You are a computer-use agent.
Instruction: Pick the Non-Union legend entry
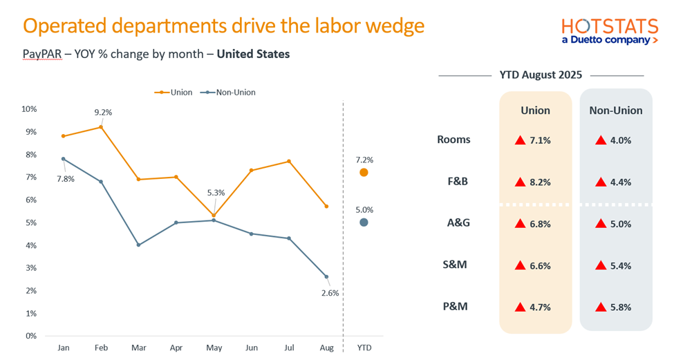(x=227, y=92)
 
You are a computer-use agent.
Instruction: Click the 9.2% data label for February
(x=103, y=112)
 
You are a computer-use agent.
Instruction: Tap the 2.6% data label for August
(x=329, y=292)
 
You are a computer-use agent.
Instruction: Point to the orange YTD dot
(x=364, y=172)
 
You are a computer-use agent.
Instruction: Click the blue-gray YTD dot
(x=364, y=222)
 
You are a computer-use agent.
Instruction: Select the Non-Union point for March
(x=138, y=245)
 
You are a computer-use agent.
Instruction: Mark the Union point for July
(x=288, y=161)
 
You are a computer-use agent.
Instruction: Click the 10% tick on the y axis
(x=29, y=108)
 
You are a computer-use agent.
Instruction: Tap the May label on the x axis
(x=214, y=348)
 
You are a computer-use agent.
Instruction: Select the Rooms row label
(x=453, y=140)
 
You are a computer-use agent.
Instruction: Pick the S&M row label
(x=455, y=264)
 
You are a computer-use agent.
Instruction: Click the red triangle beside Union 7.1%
(x=520, y=140)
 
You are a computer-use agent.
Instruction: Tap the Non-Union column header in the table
(x=615, y=111)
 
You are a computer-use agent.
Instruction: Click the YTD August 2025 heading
(x=541, y=75)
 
